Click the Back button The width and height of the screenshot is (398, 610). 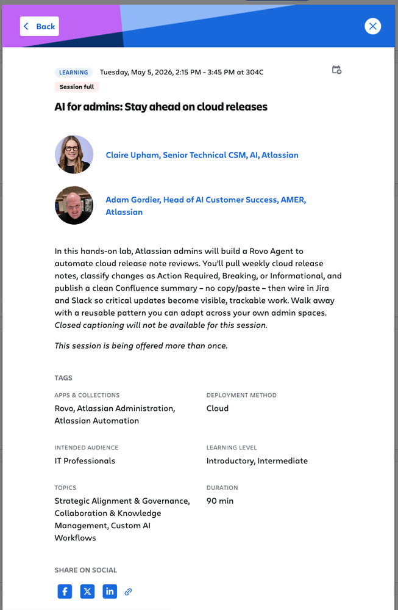click(40, 26)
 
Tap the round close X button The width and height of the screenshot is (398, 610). click(372, 26)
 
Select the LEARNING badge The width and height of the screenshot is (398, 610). click(74, 72)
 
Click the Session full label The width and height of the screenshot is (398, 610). click(77, 87)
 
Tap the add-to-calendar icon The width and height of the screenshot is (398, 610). click(336, 70)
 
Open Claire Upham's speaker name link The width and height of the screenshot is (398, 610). click(202, 155)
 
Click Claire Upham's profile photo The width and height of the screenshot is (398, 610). click(74, 154)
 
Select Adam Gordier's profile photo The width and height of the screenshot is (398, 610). click(74, 205)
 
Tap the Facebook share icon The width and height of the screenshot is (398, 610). click(65, 591)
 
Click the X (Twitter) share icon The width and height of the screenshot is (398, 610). click(87, 591)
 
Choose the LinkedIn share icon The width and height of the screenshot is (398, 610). click(110, 591)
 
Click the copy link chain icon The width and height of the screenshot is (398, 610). click(128, 592)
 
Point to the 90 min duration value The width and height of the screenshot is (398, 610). click(220, 501)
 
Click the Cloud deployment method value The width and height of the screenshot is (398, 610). click(218, 408)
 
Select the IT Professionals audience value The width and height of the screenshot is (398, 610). click(85, 460)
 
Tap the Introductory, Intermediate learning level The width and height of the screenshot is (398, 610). click(257, 460)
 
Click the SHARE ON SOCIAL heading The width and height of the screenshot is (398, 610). click(85, 570)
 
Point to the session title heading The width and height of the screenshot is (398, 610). click(161, 107)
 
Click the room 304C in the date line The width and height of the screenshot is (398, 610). click(255, 72)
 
